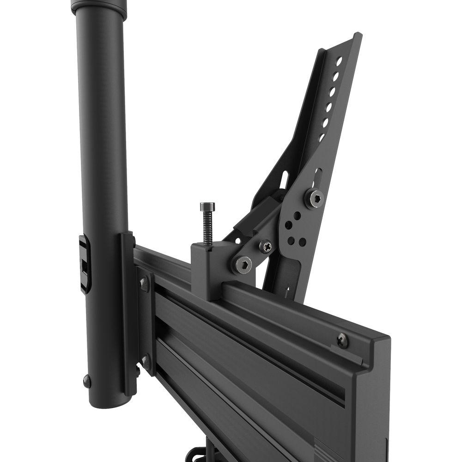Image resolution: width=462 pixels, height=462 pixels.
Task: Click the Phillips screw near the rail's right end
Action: [x=343, y=340]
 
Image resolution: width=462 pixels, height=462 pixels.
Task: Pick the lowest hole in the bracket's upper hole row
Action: [x=322, y=137]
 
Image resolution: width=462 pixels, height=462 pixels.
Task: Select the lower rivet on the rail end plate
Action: [x=146, y=361]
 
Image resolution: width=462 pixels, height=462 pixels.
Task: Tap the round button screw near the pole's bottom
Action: [x=86, y=380]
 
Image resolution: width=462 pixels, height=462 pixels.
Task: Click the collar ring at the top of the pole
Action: [x=99, y=7]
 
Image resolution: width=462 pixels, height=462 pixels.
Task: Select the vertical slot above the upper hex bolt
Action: [x=317, y=177]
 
